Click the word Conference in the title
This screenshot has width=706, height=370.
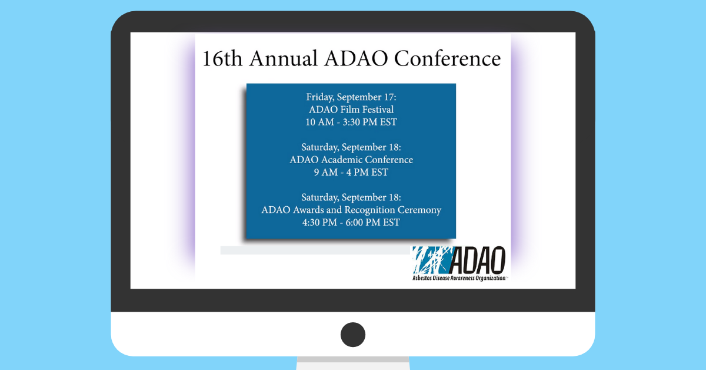click(447, 58)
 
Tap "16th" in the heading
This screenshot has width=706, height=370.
click(222, 58)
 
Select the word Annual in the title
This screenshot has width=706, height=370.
click(284, 58)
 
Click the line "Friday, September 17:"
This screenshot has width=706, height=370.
click(351, 97)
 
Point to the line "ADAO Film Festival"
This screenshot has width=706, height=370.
click(351, 110)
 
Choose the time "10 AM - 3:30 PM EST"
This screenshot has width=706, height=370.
click(351, 122)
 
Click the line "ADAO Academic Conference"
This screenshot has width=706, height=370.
click(351, 160)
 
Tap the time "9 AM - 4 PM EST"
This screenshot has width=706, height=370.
click(351, 173)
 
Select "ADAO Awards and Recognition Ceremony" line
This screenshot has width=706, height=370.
click(351, 210)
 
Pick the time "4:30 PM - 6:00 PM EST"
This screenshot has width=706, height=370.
click(351, 223)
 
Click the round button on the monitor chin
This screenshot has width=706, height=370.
click(353, 335)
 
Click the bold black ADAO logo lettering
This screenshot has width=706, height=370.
click(478, 260)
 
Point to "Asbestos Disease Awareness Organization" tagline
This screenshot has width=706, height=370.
click(459, 278)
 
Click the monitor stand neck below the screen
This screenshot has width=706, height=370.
click(353, 363)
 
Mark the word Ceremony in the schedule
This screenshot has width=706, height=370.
click(419, 210)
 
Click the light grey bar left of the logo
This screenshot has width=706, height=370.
click(315, 250)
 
